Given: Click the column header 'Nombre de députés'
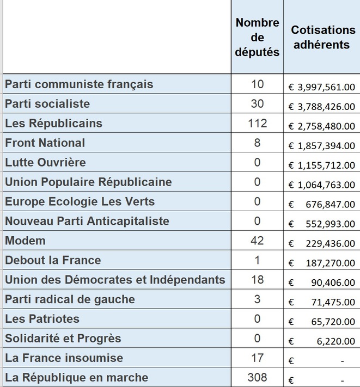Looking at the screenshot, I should coord(257,37).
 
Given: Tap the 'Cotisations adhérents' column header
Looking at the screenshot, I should coord(321,37).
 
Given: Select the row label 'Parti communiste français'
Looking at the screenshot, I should coord(79,84).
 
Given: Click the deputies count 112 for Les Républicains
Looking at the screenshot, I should coord(257,124).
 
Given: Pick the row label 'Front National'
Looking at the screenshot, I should coord(45,143).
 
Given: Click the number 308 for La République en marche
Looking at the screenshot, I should coord(257,378).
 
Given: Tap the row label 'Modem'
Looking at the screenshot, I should coord(26,241).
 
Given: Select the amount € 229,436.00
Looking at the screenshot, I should coord(322,243).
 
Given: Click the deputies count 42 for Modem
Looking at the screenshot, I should coord(257,241).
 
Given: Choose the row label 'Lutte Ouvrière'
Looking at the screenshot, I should coord(46,162).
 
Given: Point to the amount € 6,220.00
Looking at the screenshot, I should coord(322,341).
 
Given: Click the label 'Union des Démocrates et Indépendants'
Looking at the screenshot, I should coord(115,280).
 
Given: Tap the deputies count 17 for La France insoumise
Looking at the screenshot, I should coord(257,358).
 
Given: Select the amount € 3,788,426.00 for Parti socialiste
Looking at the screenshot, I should coord(322,106).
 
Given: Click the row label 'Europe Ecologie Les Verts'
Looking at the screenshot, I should coord(80,201).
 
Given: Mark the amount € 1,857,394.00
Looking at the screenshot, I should coord(322,145).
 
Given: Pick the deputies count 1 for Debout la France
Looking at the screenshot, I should coord(257,260).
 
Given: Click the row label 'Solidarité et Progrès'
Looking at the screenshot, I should coord(63,339).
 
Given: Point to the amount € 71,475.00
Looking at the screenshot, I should coord(322,302).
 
